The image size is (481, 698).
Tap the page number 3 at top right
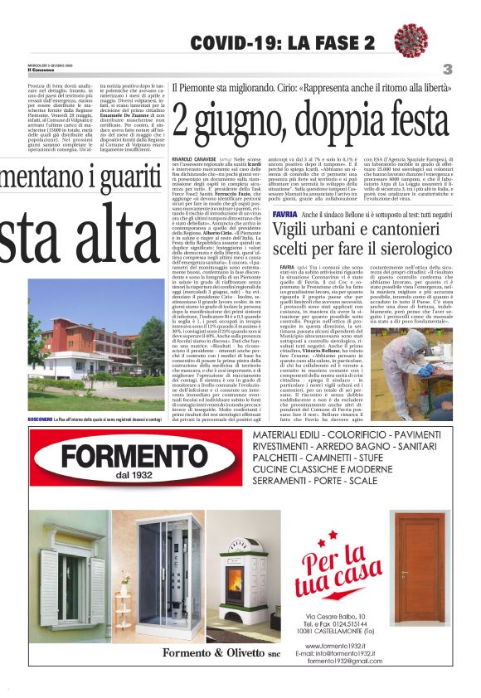[x=447, y=70]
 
